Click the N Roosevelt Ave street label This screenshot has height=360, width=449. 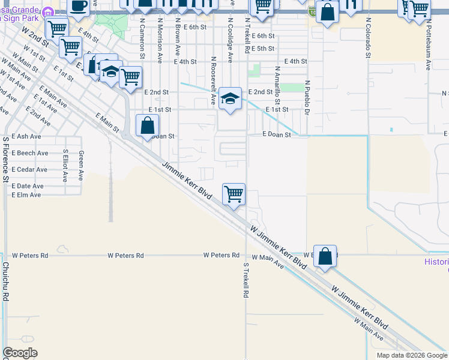click(213, 81)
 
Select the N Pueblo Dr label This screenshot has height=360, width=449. click(306, 98)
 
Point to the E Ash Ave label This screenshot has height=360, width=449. click(26, 137)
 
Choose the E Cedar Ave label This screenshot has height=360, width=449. click(29, 170)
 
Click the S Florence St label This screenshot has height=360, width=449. click(5, 159)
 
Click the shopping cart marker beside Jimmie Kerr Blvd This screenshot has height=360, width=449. click(234, 194)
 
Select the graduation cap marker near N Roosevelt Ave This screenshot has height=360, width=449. click(230, 98)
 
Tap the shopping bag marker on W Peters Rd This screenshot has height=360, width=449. click(325, 256)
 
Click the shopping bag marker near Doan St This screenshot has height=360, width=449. click(148, 125)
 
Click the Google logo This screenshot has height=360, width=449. click(20, 353)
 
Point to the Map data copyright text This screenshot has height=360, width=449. click(411, 355)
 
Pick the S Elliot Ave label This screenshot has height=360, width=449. click(65, 165)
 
